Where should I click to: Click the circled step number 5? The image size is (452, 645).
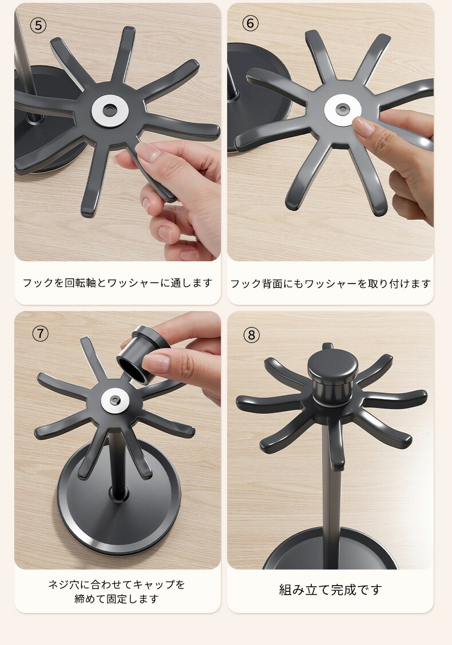tap(38, 26)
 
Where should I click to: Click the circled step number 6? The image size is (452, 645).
tap(250, 23)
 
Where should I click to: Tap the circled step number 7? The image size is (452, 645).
tap(41, 333)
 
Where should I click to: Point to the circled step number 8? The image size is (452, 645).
tap(252, 335)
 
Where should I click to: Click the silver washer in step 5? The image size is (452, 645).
tap(110, 110)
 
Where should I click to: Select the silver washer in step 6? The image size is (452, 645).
tap(342, 110)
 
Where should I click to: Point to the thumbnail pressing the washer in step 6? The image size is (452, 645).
tap(364, 127)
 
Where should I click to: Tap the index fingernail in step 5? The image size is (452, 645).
tap(148, 152)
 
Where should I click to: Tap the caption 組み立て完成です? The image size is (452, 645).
tap(330, 590)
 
